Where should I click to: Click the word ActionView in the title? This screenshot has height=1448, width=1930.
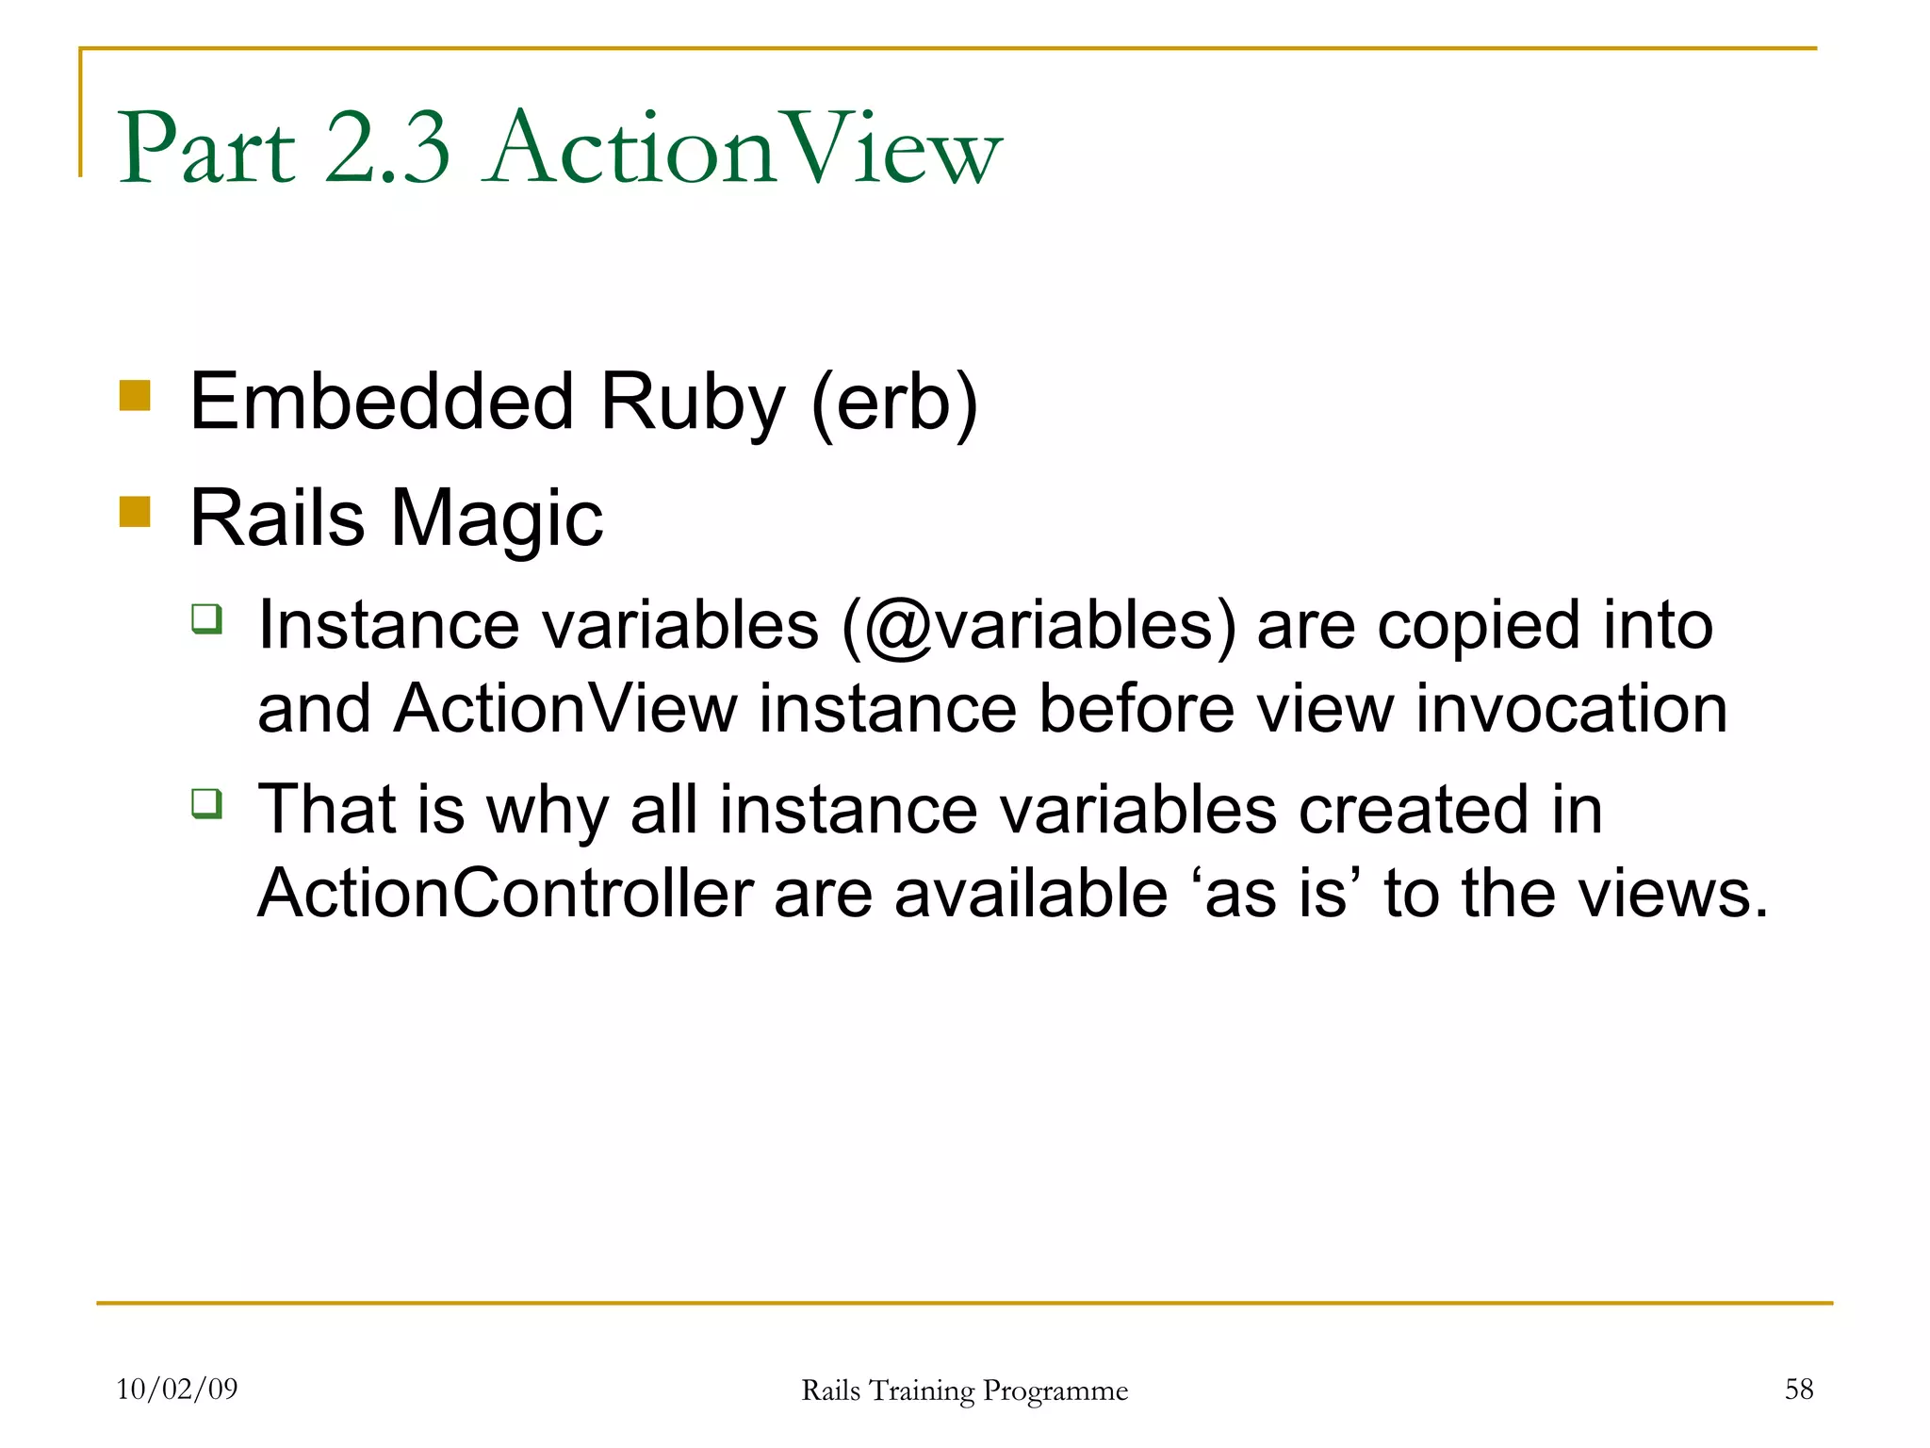(x=744, y=149)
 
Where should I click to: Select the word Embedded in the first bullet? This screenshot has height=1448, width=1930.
(x=382, y=401)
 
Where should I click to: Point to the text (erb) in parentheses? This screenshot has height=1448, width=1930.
(x=894, y=403)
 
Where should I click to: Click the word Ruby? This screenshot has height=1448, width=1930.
(x=693, y=403)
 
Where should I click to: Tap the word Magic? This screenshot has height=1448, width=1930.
(x=497, y=519)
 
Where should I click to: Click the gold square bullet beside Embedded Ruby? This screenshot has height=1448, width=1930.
(x=136, y=396)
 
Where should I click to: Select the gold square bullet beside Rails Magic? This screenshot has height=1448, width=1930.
(x=136, y=512)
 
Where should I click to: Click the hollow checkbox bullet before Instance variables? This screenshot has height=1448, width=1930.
(x=207, y=619)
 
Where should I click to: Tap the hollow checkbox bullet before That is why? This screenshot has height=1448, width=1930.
(x=207, y=804)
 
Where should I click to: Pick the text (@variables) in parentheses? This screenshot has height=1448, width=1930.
(x=1039, y=627)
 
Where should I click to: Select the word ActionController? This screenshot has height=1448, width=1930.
(x=506, y=893)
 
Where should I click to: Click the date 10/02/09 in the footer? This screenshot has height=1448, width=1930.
(x=177, y=1389)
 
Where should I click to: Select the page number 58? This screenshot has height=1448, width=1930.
(x=1798, y=1389)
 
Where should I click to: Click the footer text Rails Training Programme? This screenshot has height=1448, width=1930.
(x=964, y=1390)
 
